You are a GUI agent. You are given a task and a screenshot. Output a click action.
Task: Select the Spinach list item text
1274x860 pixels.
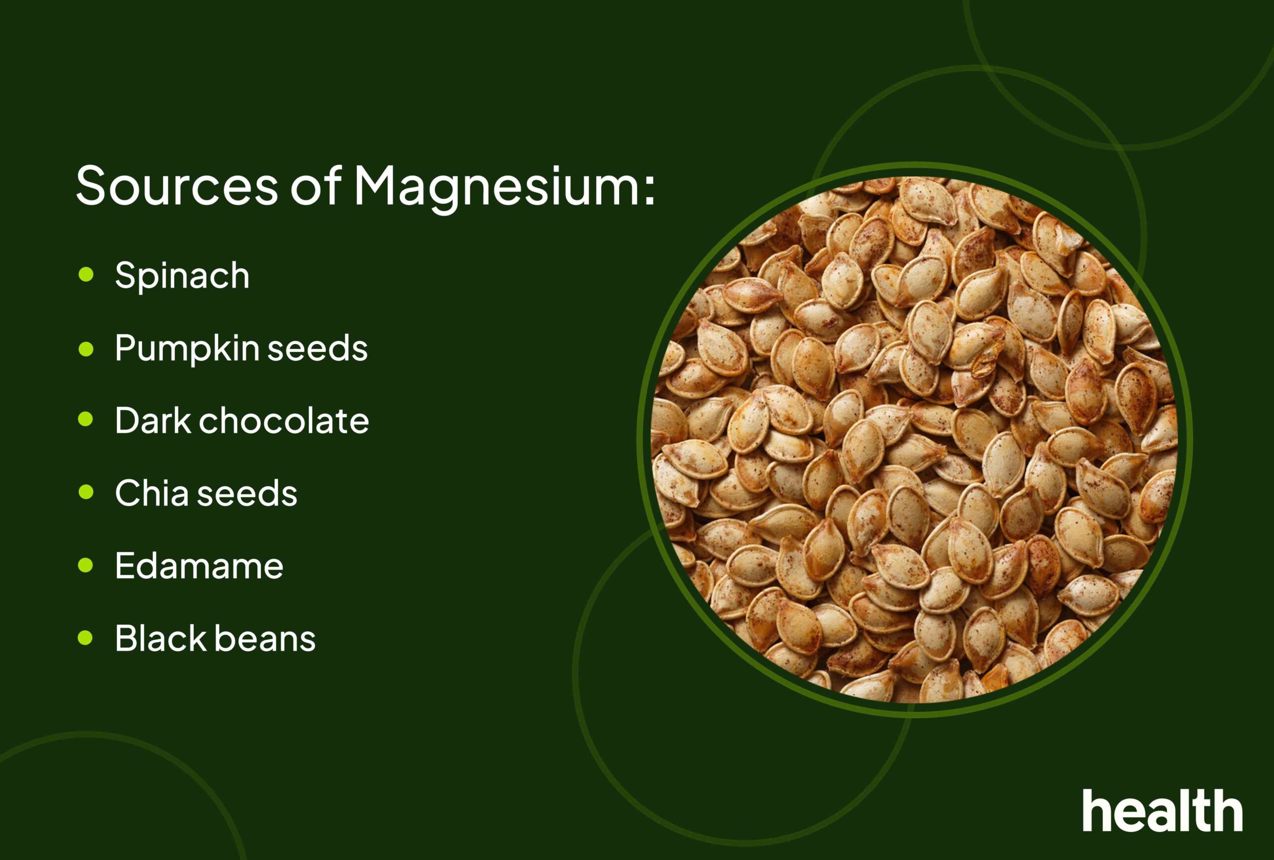pos(182,276)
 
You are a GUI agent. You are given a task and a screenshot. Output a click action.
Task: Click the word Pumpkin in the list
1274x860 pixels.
pos(187,350)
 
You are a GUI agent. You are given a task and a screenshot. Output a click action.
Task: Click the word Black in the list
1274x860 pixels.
pos(160,638)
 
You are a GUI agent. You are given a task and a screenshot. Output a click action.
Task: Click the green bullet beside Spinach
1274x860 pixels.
pos(86,275)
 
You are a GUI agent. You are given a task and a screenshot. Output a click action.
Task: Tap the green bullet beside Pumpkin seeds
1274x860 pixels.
pos(86,349)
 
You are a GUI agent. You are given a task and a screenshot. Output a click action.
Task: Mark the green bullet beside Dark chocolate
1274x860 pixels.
pos(86,420)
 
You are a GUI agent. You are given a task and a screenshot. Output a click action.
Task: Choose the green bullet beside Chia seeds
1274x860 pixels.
pos(86,492)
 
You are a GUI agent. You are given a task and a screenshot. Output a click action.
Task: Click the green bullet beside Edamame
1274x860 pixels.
pos(86,565)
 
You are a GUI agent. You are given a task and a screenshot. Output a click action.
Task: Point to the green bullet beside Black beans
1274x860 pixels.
pos(86,638)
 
